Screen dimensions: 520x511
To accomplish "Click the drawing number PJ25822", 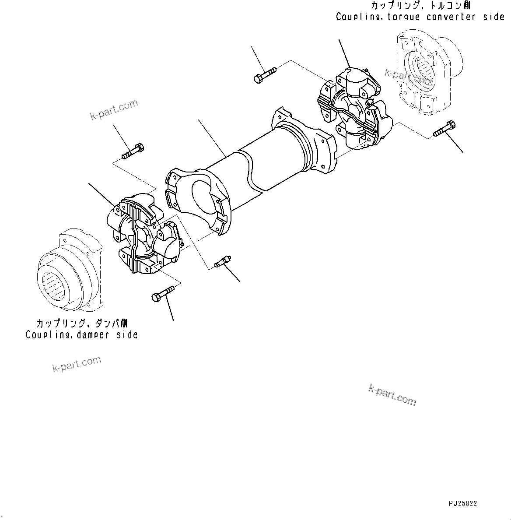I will tap(462, 504).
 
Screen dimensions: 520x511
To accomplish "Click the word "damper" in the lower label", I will tap(93, 335).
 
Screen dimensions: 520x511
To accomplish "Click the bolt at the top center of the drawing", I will tap(264, 74).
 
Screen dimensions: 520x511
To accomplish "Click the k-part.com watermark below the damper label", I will tap(77, 364).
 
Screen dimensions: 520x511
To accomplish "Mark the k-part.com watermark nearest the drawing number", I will tap(392, 395).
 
